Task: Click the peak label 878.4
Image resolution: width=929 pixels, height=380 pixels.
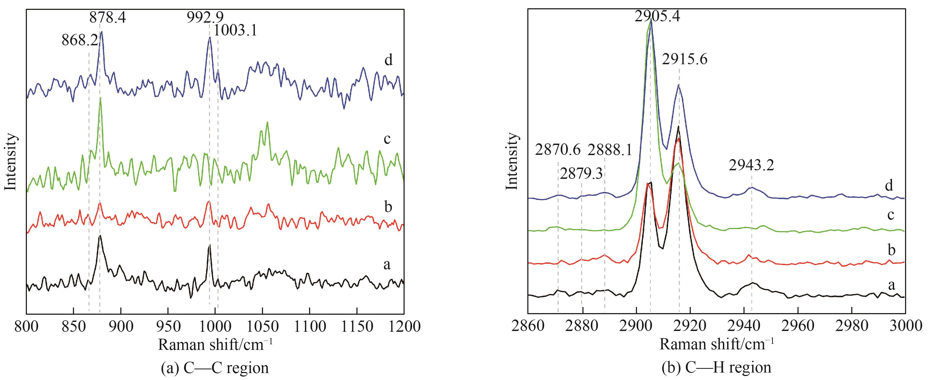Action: (108, 17)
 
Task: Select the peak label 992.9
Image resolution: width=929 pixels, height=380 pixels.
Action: (205, 17)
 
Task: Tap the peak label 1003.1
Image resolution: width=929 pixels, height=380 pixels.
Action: (235, 31)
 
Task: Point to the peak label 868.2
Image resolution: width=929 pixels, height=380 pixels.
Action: (80, 40)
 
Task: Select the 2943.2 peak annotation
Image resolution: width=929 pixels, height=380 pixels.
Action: (751, 165)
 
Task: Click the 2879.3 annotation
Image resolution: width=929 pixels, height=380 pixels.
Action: (581, 174)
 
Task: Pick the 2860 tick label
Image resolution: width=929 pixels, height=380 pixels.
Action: (528, 326)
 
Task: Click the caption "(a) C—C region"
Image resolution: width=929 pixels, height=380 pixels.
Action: (215, 368)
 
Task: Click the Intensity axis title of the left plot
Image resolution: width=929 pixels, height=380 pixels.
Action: (11, 161)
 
